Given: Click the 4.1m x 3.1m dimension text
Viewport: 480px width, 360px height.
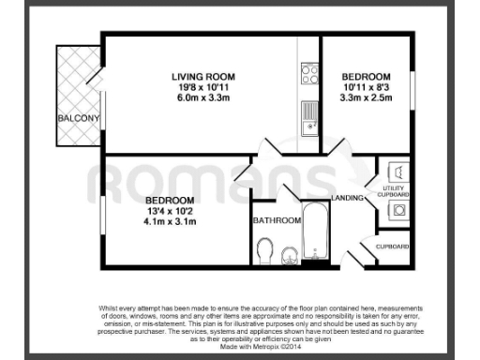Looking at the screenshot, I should click(x=169, y=222).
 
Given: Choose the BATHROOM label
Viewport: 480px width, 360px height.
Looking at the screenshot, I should click(x=277, y=220).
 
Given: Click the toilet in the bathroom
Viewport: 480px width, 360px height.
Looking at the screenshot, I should click(x=265, y=250).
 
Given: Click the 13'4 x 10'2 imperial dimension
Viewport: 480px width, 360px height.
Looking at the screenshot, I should click(x=169, y=212).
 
